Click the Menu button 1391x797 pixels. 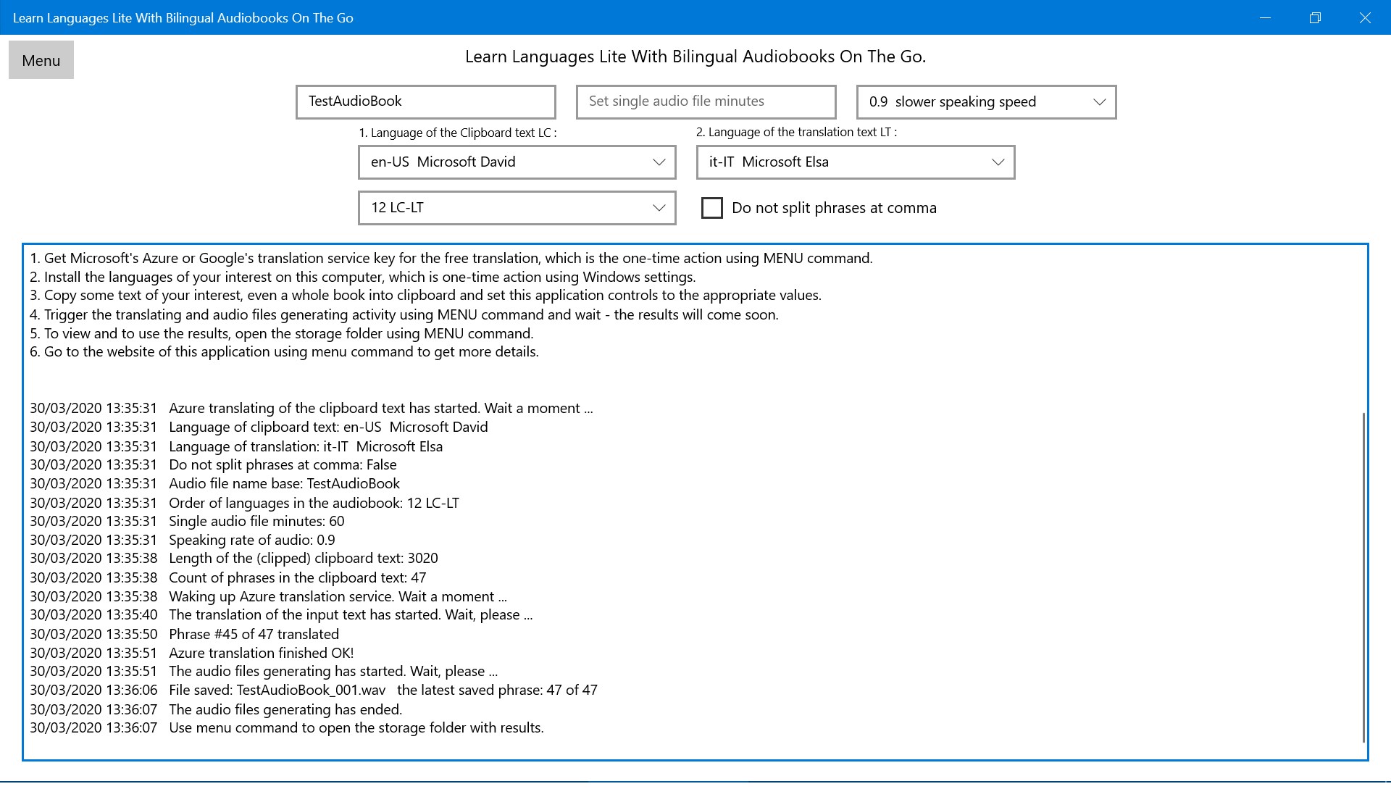coord(41,60)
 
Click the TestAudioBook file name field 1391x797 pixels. coord(425,101)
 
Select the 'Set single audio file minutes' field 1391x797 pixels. coord(706,101)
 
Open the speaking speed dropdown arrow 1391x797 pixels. coord(1099,102)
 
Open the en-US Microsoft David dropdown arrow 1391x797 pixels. coord(659,162)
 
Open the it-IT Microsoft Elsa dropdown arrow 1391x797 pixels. coord(998,162)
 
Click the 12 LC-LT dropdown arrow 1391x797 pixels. coord(659,208)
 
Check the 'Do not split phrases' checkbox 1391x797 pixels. coord(712,208)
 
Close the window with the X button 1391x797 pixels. coord(1365,17)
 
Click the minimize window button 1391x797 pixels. coord(1266,17)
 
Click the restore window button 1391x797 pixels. coord(1315,17)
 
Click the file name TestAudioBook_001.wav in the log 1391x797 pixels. coord(311,690)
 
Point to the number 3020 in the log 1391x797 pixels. coord(422,558)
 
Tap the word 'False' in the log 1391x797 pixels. coord(381,464)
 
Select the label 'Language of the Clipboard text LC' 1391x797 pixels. coord(457,133)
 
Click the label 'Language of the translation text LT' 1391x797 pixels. coord(795,132)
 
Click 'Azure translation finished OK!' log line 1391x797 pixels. coord(261,653)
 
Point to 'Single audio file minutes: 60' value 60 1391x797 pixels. coord(336,521)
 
